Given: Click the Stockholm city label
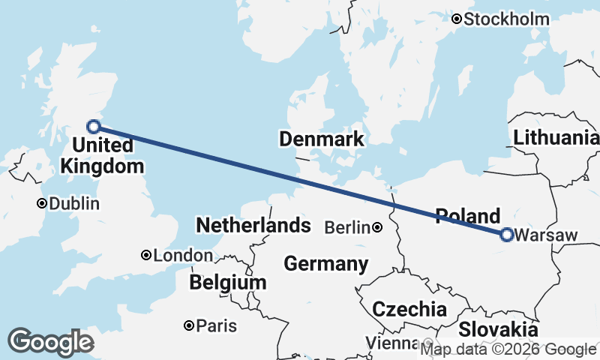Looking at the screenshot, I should tap(507, 19).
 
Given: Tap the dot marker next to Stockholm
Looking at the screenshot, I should tap(456, 19).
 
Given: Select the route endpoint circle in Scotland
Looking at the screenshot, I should tap(94, 127).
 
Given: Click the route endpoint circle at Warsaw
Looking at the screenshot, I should tap(506, 235).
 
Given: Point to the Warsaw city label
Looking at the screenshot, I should tap(547, 235).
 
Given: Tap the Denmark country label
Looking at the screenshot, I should tap(321, 139).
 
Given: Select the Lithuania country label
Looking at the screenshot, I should tap(556, 137).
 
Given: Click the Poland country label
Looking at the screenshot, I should tap(467, 215).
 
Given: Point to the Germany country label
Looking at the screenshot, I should tap(326, 264).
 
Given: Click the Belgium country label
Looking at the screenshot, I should tap(228, 283).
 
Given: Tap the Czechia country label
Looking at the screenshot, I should tap(409, 309).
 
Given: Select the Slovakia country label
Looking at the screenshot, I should tap(498, 329).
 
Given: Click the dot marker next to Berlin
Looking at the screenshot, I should tap(377, 227).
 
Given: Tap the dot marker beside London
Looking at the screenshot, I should tap(146, 256).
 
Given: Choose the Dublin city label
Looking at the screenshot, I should tap(73, 203).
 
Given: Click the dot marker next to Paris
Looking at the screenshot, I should tap(190, 325).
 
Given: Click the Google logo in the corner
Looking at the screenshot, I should tap(50, 342).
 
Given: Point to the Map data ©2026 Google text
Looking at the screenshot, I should tap(508, 349).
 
